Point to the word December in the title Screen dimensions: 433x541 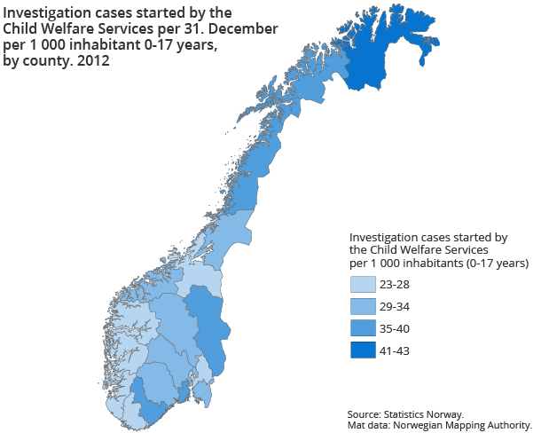(x=244, y=29)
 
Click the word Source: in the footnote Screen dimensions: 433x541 (x=365, y=413)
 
